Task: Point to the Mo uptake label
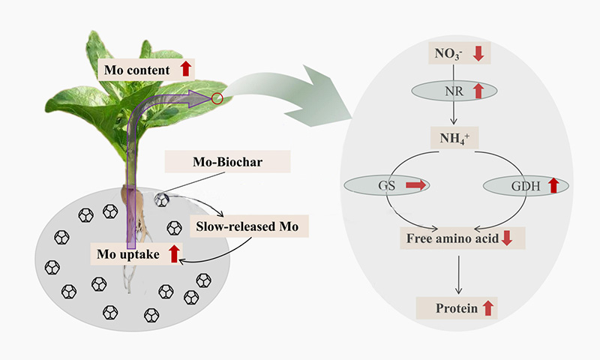point(128,253)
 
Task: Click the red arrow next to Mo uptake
point(174,253)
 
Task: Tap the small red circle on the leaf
point(217,98)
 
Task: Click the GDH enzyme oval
point(524,185)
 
